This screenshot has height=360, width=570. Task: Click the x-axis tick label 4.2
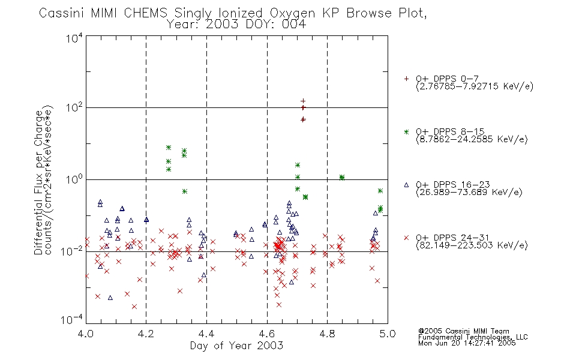click(x=146, y=334)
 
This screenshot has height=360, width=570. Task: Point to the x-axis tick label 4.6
click(x=267, y=334)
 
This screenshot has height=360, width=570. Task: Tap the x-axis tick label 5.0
click(x=388, y=334)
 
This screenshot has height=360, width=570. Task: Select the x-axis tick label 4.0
click(x=86, y=334)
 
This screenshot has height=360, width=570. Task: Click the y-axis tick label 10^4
click(x=74, y=38)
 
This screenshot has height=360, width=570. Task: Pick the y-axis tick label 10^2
click(x=74, y=108)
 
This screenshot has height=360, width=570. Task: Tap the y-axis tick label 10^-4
click(x=72, y=320)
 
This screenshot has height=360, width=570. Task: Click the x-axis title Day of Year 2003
click(x=236, y=346)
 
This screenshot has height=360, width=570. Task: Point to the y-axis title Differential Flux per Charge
click(x=38, y=182)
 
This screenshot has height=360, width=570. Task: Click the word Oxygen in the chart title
click(x=292, y=13)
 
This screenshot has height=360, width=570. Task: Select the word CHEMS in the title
click(x=145, y=13)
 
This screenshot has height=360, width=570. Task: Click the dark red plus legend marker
click(x=406, y=79)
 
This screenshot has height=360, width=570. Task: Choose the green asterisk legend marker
click(x=406, y=131)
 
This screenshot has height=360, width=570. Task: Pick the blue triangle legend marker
click(x=406, y=185)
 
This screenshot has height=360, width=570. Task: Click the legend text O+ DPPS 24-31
click(x=452, y=238)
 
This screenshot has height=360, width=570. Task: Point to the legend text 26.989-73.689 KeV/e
click(x=469, y=192)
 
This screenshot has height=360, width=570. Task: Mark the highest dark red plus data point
click(x=303, y=101)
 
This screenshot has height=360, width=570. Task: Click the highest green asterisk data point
click(x=169, y=147)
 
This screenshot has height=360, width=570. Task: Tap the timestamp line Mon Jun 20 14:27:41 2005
click(x=467, y=343)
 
